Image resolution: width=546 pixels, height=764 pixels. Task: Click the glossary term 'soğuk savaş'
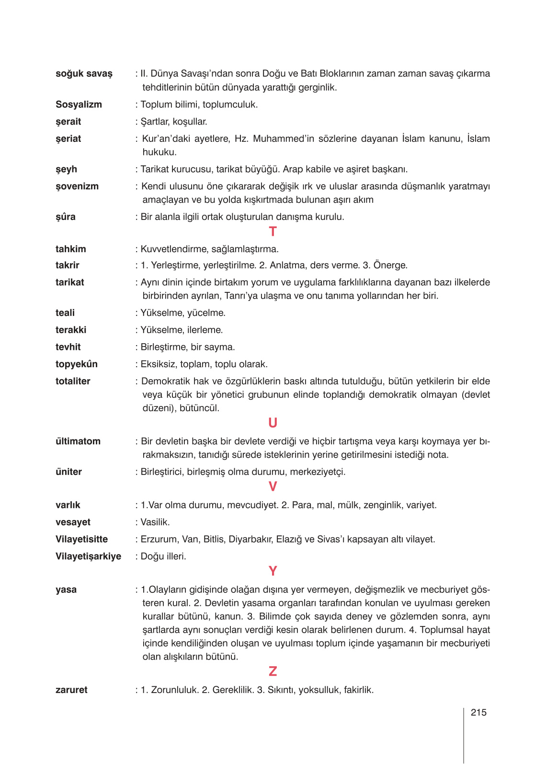point(84,74)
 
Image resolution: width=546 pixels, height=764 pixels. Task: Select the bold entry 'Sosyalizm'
point(79,104)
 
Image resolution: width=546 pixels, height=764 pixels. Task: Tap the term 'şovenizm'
point(77,186)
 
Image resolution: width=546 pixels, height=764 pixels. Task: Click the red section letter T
point(273,232)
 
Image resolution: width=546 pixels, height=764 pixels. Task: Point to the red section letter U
point(273,423)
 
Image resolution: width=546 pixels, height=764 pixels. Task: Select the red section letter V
point(273,487)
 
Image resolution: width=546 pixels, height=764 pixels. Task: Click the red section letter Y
point(273,571)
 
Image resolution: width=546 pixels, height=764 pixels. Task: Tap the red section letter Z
point(273,671)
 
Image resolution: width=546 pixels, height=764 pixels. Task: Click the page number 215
point(478,713)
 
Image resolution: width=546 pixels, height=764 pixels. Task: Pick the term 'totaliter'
point(73,382)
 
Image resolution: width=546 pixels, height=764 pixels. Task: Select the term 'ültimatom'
point(78,441)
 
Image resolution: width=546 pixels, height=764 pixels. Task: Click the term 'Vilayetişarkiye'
point(88,556)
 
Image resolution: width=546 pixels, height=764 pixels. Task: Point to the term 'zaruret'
point(71,690)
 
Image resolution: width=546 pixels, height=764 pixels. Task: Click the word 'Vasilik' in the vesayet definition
point(155,522)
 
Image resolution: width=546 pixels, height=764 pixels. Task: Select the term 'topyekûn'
point(77,364)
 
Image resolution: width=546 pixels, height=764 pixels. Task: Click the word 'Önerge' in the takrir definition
point(390,266)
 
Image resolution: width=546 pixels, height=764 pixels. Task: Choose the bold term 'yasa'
point(66,590)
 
